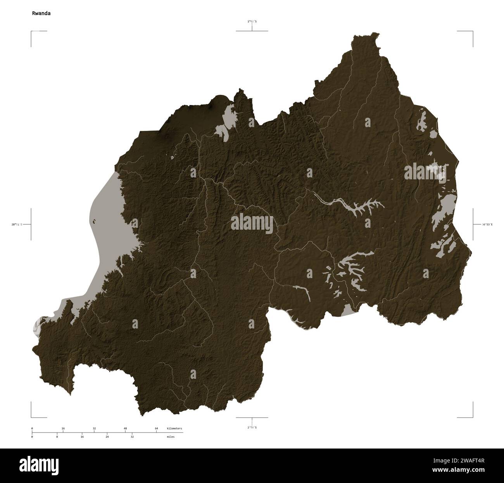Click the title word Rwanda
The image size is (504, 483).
click(x=41, y=13)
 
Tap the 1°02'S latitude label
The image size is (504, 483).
click(x=252, y=22)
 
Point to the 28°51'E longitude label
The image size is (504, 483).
click(x=17, y=224)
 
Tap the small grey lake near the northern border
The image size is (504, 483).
click(x=225, y=124)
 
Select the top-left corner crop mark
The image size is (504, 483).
click(x=32, y=31)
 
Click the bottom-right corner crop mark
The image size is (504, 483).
click(x=472, y=417)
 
